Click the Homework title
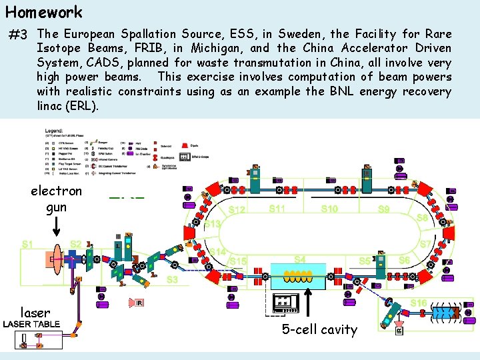[44, 12]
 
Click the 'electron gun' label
[57, 199]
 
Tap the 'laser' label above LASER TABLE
[35, 312]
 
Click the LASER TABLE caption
[32, 325]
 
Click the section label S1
[29, 244]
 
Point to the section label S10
[329, 209]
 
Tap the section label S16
[419, 303]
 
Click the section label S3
[172, 279]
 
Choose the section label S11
[277, 209]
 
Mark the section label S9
[384, 209]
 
